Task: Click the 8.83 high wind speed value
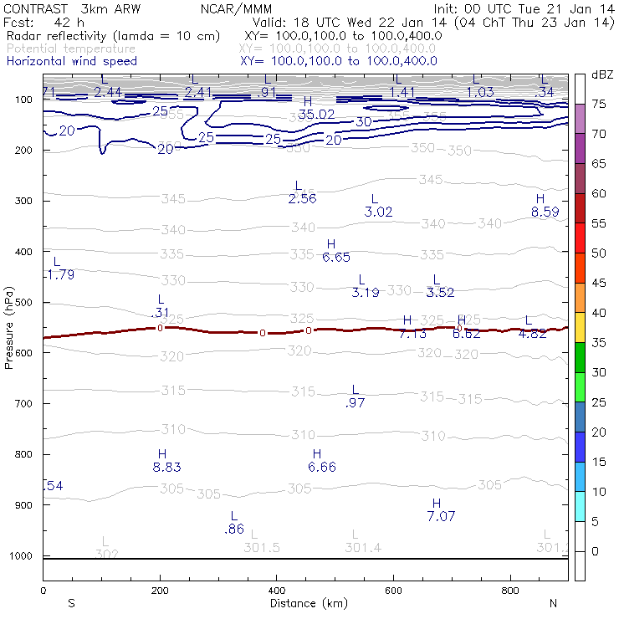167,468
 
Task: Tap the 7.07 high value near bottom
441,516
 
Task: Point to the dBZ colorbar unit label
602,74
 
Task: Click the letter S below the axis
71,603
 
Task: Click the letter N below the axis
553,603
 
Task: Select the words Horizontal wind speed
72,61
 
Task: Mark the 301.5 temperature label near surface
262,547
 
